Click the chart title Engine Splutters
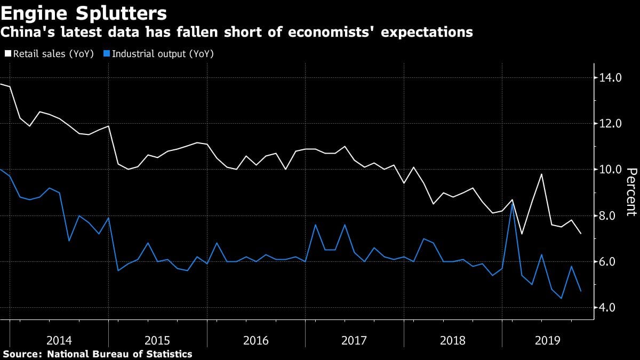[84, 12]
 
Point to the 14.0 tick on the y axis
[610, 78]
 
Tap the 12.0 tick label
[610, 124]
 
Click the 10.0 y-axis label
[610, 170]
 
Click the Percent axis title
[631, 192]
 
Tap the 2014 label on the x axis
[59, 340]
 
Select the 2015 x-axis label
[157, 340]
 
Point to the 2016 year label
[256, 340]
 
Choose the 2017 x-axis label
[354, 340]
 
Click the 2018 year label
[452, 340]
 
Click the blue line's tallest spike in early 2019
[512, 204]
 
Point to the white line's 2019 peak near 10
[541, 174]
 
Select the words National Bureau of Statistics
[119, 354]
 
